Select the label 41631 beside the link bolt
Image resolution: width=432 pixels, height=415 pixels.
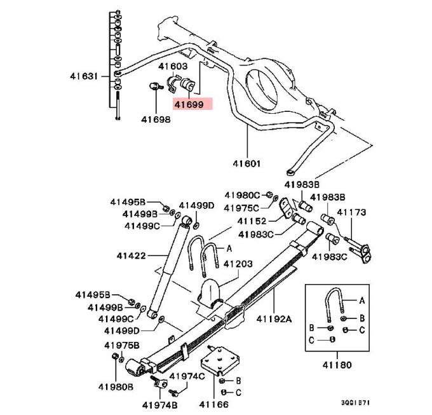(84, 76)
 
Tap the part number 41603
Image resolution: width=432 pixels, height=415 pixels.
(173, 66)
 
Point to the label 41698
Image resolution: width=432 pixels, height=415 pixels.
(156, 119)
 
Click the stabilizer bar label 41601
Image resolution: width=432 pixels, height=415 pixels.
(246, 163)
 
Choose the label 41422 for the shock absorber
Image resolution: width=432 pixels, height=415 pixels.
(131, 255)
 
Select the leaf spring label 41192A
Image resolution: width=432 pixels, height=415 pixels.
(274, 319)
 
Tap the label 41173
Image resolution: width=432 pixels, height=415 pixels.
(351, 212)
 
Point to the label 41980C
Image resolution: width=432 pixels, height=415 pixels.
(241, 194)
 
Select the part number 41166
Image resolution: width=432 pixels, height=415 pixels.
(213, 404)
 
